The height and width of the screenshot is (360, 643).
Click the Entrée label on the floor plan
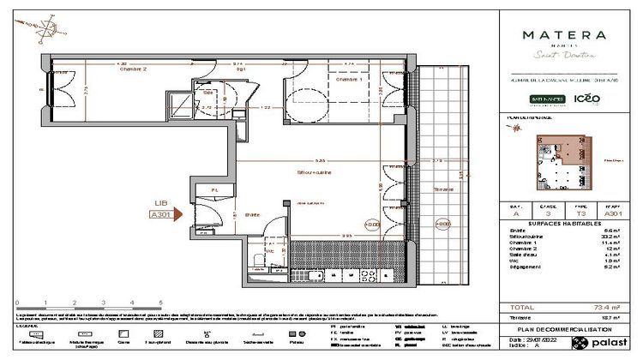[x=252, y=214]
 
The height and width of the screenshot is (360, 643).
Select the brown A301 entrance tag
[x=159, y=216]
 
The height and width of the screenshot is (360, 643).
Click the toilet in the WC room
[x=258, y=260]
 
